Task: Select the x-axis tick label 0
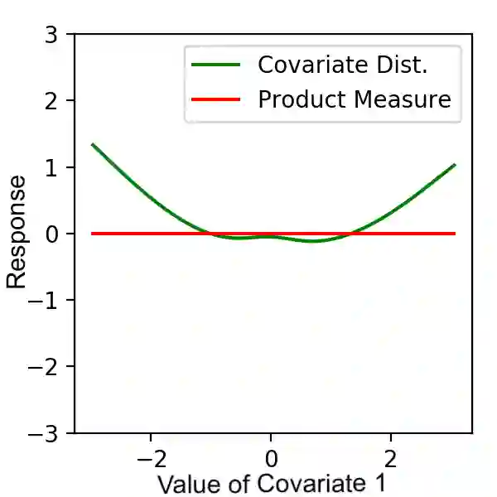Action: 270,456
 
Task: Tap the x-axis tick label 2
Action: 390,456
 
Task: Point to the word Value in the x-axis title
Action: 190,483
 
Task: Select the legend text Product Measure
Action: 355,99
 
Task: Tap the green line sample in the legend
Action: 216,64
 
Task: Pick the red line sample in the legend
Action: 216,99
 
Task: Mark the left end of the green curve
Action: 92,144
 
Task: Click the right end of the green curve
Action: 455,164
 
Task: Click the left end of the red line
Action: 92,234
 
